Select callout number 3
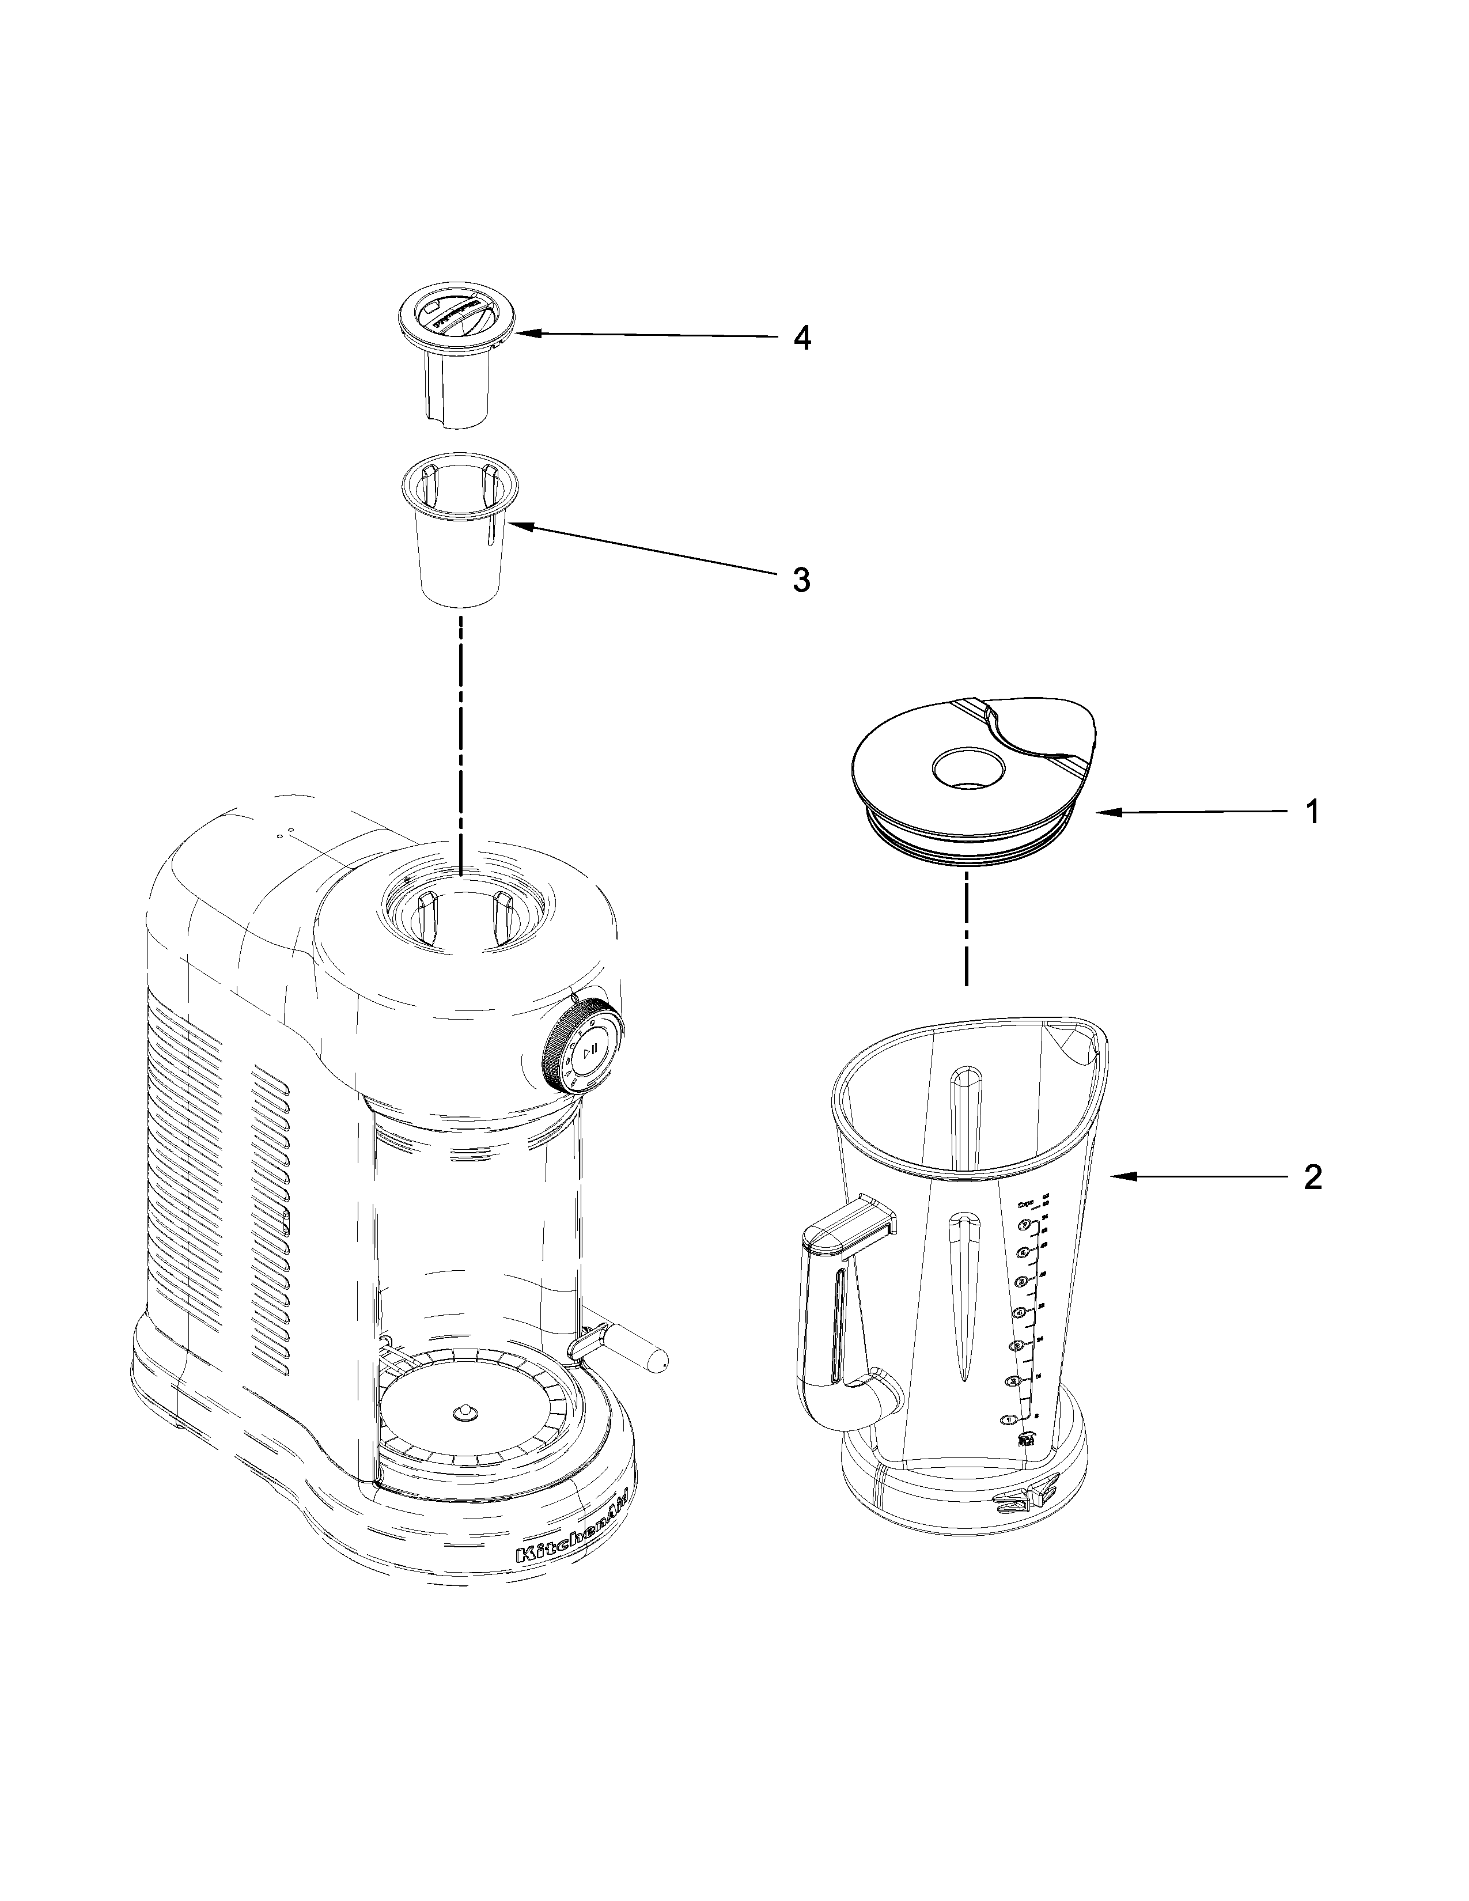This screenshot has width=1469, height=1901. (x=801, y=579)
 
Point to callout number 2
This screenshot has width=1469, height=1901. (x=1312, y=1177)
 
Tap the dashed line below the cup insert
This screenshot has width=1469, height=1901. (x=460, y=740)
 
